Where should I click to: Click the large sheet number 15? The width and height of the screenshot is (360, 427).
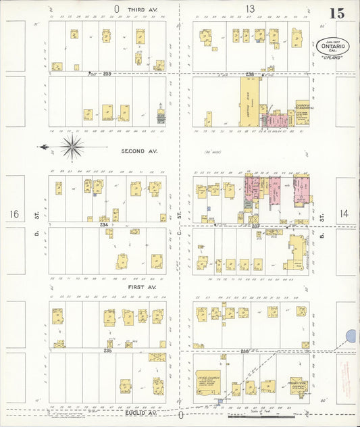coord(337,13)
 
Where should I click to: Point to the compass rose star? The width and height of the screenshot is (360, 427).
coord(72,146)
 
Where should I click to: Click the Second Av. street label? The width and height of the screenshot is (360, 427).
coord(138,151)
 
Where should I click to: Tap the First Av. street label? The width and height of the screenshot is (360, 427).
coord(142,287)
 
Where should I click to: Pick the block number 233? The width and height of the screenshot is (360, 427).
coord(107,73)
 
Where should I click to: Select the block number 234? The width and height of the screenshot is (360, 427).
coord(104,224)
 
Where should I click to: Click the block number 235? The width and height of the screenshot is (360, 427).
coord(107,350)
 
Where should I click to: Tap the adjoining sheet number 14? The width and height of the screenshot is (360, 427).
coord(344,213)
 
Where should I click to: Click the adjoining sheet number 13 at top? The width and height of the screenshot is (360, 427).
coord(250,9)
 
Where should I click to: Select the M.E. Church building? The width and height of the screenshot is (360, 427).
coord(208,383)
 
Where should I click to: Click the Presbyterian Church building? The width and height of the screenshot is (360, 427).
coord(297,385)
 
